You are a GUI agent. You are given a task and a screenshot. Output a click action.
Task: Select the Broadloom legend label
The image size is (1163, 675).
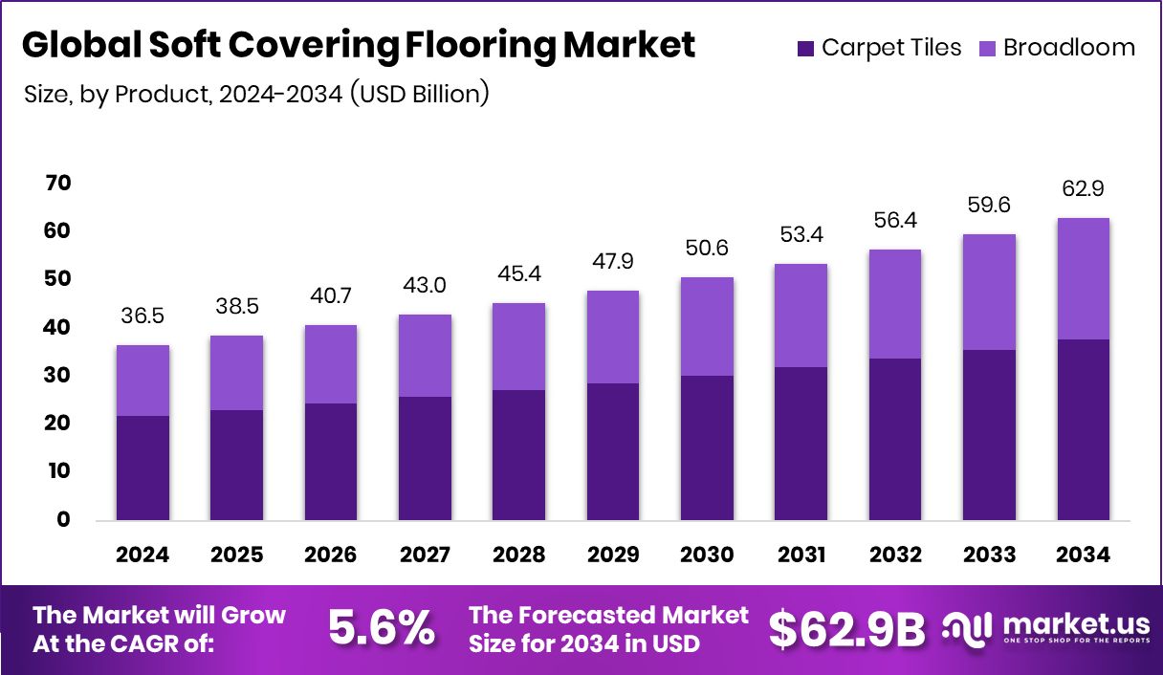1069,48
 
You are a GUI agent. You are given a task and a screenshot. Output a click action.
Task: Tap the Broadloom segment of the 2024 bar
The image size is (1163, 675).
143,381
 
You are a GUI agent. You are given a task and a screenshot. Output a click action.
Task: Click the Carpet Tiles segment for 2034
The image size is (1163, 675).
1083,430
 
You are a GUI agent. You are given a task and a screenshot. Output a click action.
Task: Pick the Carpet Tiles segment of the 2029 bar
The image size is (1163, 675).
613,451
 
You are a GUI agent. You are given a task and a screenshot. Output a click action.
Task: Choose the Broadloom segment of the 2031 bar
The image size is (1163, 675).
801,316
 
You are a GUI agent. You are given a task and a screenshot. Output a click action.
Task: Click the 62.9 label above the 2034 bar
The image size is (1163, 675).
1083,189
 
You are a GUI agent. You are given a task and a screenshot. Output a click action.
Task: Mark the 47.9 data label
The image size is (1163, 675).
613,262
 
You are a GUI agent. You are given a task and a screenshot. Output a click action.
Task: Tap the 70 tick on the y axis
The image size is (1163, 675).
57,183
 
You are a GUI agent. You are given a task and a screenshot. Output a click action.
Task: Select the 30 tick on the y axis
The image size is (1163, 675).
57,376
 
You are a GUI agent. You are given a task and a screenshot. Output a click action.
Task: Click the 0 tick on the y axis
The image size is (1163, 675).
63,520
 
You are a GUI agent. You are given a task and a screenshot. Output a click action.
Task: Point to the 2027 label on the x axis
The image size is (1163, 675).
425,555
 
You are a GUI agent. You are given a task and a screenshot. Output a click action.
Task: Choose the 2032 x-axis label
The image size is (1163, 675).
895,555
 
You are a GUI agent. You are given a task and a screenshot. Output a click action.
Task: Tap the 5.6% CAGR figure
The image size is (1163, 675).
381,629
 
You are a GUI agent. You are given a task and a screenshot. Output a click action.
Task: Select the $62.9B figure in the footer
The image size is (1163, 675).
847,629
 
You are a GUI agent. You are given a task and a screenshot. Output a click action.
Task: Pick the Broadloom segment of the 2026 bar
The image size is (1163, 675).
331,364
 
